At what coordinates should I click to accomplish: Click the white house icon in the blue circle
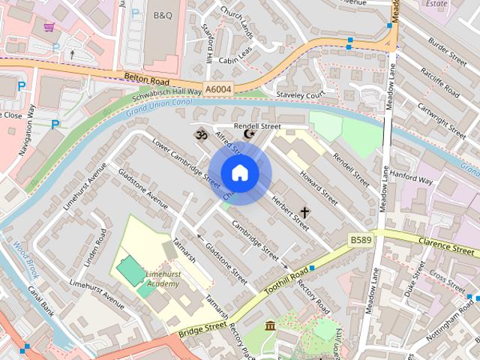239,173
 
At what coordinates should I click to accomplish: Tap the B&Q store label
162,14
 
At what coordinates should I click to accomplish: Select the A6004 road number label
217,89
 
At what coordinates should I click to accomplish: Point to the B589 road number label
361,239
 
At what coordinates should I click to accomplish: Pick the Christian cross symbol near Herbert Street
305,212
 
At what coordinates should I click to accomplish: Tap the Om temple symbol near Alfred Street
200,135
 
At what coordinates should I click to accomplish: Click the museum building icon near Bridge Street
271,326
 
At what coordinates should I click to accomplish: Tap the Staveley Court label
300,95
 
